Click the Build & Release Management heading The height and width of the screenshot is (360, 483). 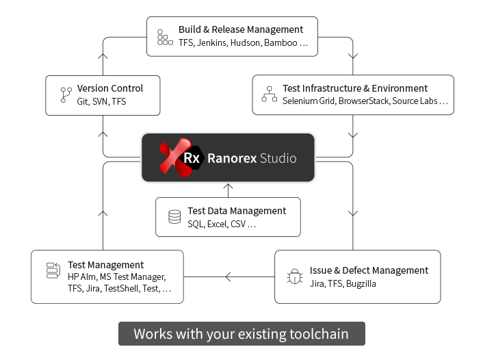coord(240,29)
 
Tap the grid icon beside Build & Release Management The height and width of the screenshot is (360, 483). coord(165,37)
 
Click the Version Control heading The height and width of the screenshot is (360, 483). coord(110,88)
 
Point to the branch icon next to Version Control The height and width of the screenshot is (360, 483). coord(66,94)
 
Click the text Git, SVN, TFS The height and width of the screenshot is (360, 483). coord(101,101)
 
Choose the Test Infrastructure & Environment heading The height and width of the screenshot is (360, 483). coord(355,88)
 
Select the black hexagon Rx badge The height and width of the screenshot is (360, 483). coord(191,158)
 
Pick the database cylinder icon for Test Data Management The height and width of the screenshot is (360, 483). coord(174,217)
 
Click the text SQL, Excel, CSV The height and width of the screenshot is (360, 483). coord(221,224)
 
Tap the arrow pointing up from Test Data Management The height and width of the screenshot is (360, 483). coord(228,186)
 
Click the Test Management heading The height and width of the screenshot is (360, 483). coord(105,265)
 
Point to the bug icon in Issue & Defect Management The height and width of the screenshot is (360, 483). coord(293,277)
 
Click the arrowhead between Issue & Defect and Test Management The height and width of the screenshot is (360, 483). coord(229,277)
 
